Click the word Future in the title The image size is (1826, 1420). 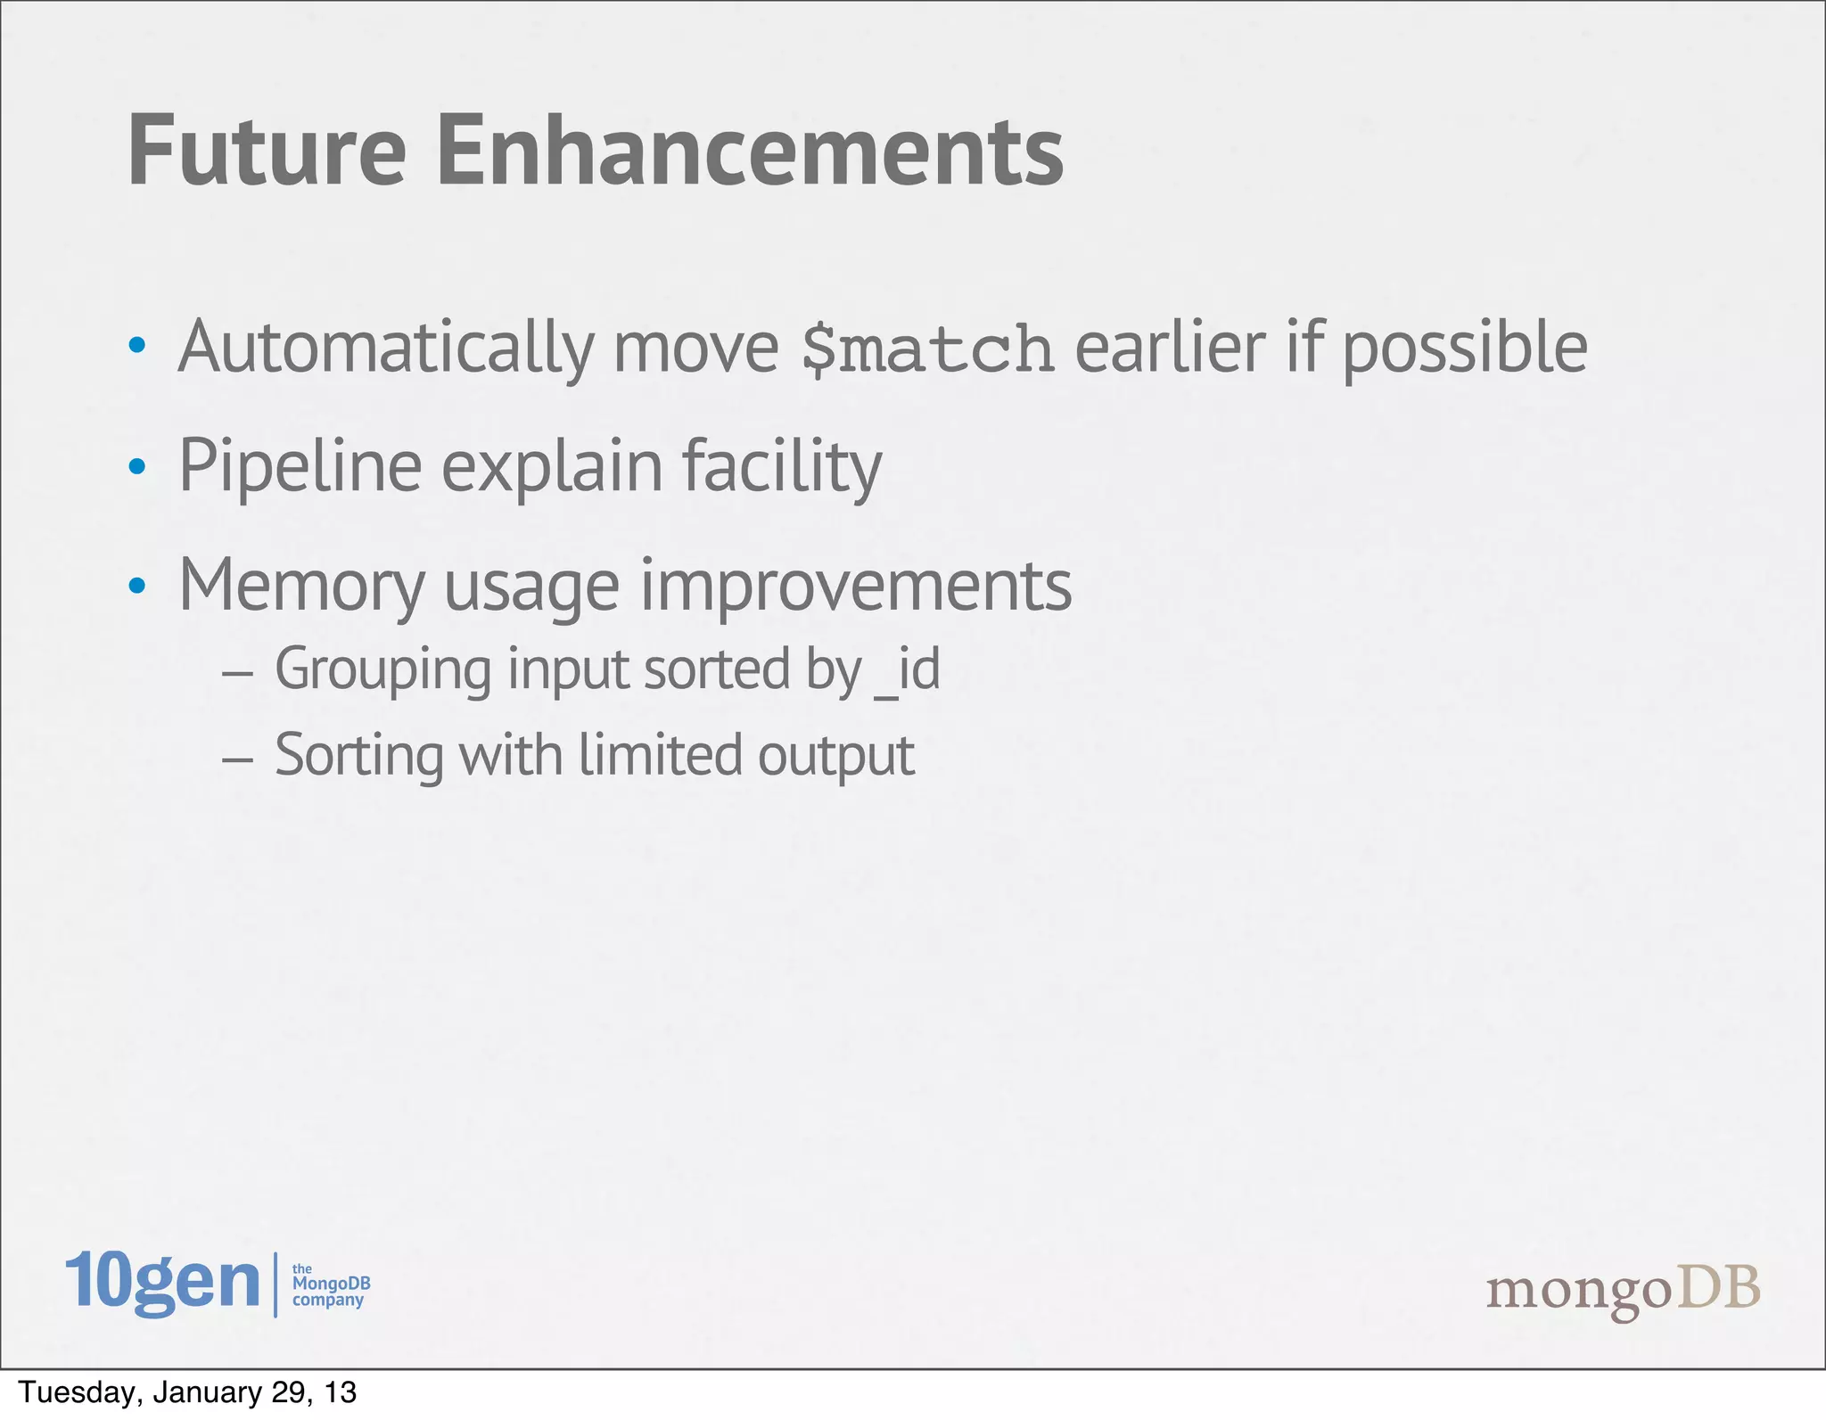pos(267,152)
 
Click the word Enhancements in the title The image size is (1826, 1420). pos(750,152)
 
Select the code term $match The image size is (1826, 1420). pos(927,349)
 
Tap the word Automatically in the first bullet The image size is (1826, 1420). pos(386,348)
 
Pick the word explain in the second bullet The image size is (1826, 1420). pos(552,467)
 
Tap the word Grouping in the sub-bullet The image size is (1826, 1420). pos(382,670)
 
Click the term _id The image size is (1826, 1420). pos(907,670)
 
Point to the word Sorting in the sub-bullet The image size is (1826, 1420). pos(358,756)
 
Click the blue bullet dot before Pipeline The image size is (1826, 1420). pos(136,465)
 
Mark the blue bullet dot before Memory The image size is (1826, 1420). pos(136,585)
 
